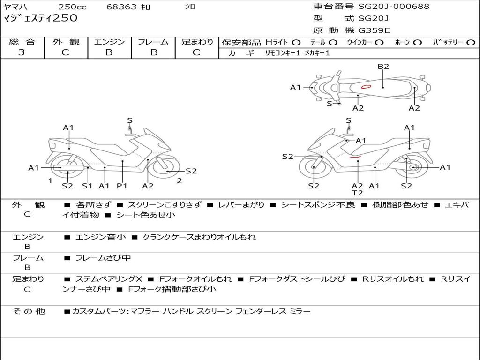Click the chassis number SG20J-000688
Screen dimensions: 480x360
click(394, 7)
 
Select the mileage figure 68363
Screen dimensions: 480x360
click(121, 7)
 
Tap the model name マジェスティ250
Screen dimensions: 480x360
click(40, 18)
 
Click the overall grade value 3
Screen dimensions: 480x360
click(22, 52)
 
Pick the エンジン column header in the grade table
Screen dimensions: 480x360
click(109, 42)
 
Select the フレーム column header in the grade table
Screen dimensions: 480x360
click(153, 42)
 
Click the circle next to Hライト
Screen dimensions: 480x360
click(296, 43)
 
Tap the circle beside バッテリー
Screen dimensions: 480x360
click(471, 43)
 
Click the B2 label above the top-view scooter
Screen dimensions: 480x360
click(383, 67)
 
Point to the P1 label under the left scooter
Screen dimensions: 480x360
click(122, 186)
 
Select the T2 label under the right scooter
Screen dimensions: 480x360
click(357, 193)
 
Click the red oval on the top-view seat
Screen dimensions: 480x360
click(366, 87)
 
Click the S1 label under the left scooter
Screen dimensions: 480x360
click(87, 186)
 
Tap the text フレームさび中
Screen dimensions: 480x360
click(103, 258)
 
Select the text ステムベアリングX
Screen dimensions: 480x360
click(109, 279)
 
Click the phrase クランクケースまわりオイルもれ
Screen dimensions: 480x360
click(199, 237)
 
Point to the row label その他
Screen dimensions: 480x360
click(29, 311)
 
